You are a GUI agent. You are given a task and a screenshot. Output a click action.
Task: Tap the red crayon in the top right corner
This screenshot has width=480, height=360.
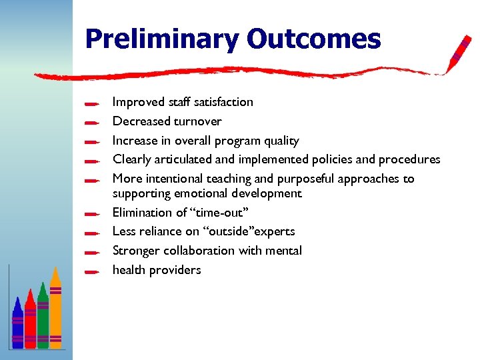coord(459,53)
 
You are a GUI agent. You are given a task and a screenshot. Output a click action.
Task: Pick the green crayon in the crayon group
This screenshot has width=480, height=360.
coord(43,317)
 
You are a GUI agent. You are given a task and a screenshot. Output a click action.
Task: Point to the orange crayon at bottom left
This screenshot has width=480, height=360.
coord(56,310)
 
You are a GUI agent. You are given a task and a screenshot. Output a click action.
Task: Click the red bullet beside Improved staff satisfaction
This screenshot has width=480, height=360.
coord(93,103)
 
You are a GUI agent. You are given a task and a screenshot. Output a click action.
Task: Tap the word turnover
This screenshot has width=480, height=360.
coord(197,121)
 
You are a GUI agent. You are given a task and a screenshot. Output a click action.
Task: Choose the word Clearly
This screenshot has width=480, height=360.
coord(131,159)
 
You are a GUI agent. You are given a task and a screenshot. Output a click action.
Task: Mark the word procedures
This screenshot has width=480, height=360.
coord(409,159)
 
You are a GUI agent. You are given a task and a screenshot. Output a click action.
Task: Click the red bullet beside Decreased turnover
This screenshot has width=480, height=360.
coord(93,123)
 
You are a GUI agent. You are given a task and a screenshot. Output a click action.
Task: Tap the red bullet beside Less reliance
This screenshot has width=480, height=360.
coord(93,233)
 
